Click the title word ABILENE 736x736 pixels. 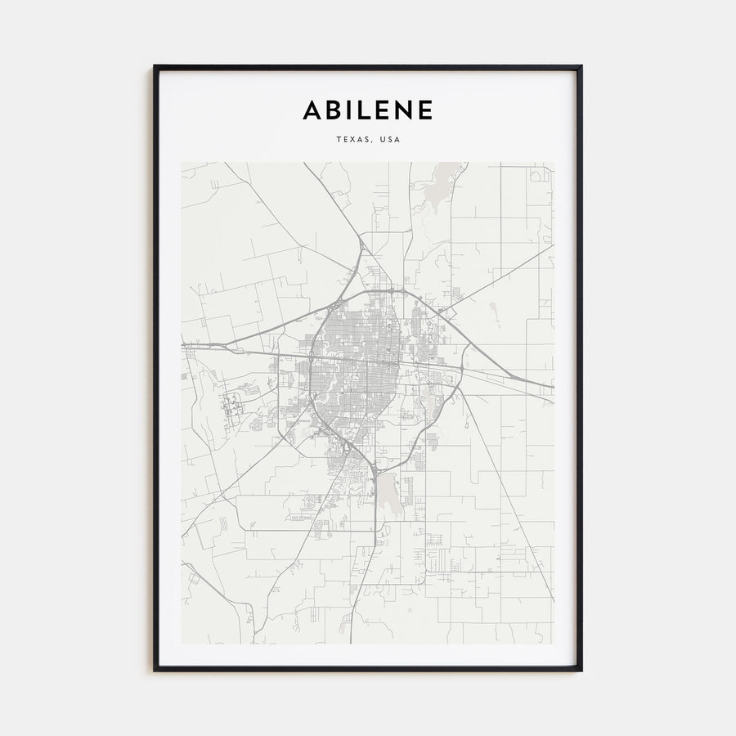point(368,110)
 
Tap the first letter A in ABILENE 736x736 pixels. point(313,110)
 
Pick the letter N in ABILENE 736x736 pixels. point(402,110)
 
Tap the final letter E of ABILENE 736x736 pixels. point(424,110)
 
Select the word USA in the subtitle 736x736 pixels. point(390,139)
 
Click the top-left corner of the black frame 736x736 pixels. point(155,67)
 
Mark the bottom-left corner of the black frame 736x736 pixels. point(155,670)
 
